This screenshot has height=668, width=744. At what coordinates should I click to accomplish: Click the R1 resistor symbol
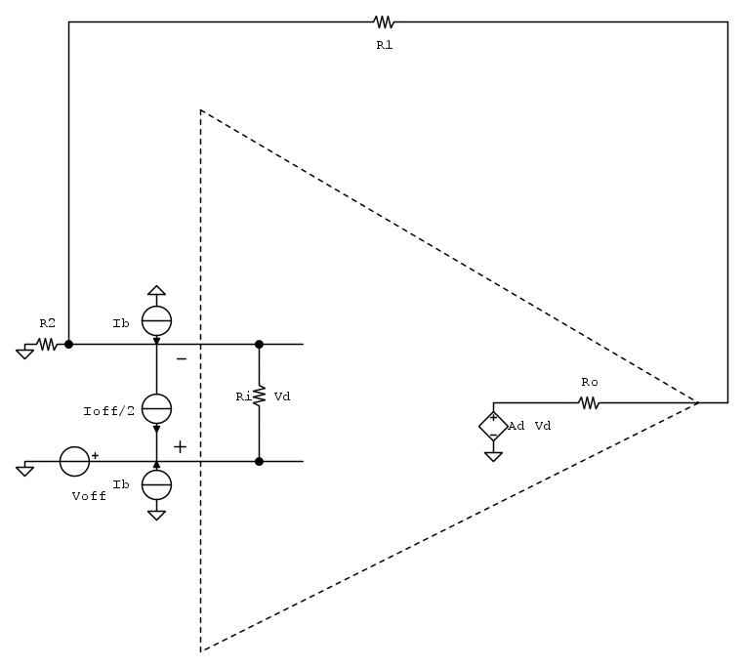[x=384, y=21]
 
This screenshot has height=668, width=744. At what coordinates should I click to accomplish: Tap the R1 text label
[x=385, y=45]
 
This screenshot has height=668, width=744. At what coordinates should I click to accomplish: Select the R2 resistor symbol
[x=47, y=344]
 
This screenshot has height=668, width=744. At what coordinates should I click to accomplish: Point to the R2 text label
[x=48, y=323]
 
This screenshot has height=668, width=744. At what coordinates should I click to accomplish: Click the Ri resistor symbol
[x=259, y=396]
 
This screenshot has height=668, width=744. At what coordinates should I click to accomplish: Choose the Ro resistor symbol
[x=589, y=403]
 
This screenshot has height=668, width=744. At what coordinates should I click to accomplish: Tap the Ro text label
[x=590, y=382]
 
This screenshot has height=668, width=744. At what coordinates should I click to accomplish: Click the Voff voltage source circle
[x=74, y=461]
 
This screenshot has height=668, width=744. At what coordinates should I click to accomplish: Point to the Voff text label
[x=89, y=496]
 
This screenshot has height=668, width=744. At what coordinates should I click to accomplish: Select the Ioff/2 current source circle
[x=156, y=408]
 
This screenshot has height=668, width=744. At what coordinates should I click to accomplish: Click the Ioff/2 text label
[x=108, y=411]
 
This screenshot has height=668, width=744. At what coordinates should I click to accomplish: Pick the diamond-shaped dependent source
[x=493, y=426]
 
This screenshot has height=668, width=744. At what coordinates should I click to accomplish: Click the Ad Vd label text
[x=529, y=426]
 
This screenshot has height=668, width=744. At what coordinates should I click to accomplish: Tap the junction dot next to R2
[x=68, y=344]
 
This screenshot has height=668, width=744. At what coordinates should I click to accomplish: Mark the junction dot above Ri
[x=259, y=344]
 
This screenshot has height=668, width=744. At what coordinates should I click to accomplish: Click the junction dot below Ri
[x=259, y=462]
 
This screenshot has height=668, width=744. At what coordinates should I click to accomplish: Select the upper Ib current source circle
[x=156, y=321]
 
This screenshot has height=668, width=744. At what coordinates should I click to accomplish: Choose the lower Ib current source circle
[x=156, y=484]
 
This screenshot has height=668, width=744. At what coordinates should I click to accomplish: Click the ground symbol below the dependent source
[x=493, y=457]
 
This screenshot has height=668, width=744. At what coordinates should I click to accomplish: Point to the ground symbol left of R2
[x=24, y=354]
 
